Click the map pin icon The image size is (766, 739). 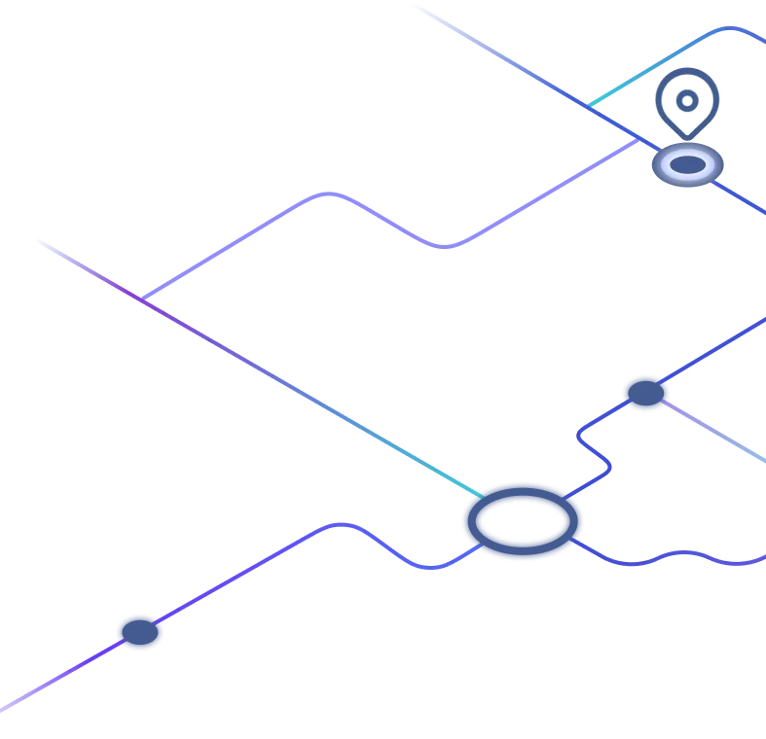coord(687,101)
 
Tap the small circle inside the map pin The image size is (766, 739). coord(687,100)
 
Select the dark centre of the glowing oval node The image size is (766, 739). coord(687,165)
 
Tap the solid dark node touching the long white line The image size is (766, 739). coord(139,632)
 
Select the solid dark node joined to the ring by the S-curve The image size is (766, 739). coord(644,393)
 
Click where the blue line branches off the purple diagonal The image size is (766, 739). coord(143,299)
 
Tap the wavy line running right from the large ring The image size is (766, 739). coord(672,559)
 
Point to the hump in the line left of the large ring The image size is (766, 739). coord(341,525)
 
